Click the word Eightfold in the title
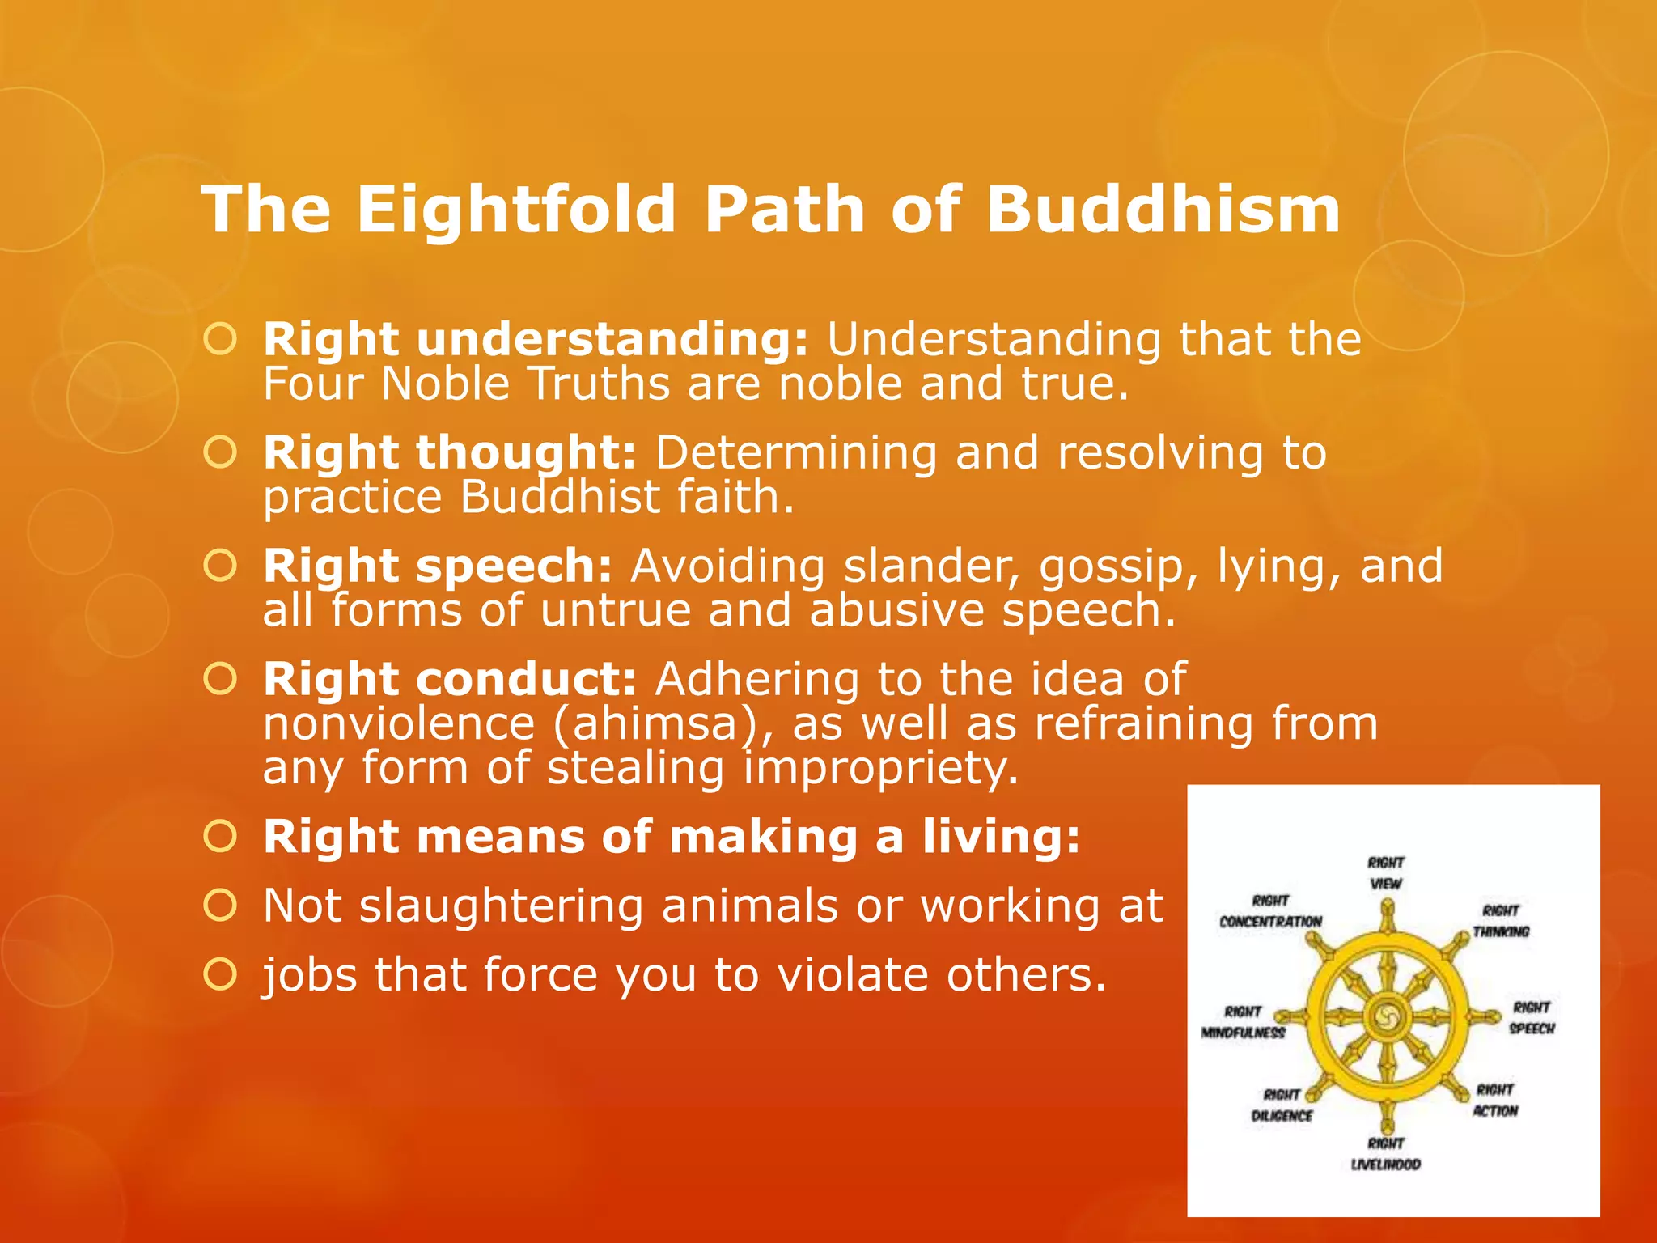[515, 210]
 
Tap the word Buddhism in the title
[1163, 210]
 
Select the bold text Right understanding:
[535, 339]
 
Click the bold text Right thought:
[450, 452]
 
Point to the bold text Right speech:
[438, 566]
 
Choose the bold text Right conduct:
[450, 679]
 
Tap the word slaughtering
[502, 906]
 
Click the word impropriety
[880, 768]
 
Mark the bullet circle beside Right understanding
[220, 339]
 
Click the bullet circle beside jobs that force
[220, 974]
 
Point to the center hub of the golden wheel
[1386, 1016]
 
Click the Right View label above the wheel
[1386, 873]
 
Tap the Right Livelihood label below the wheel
[1386, 1154]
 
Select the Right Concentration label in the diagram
[1270, 911]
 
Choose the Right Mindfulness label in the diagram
[1244, 1022]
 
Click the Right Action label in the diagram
[1495, 1101]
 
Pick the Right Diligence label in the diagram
[1282, 1105]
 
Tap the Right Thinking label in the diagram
[1501, 922]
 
